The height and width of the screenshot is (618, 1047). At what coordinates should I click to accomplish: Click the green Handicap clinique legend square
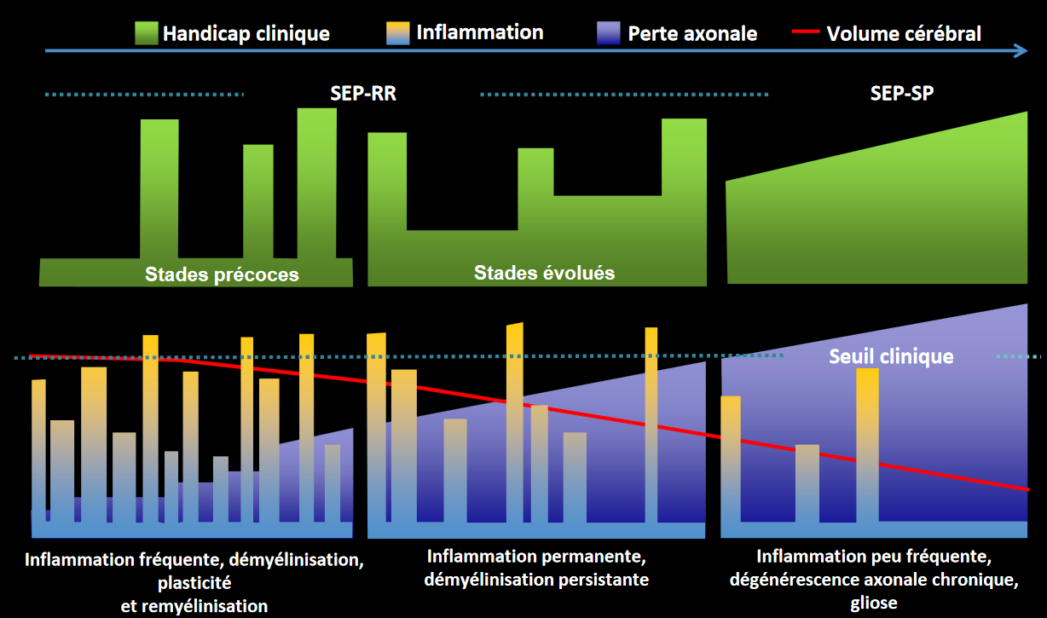[x=146, y=33]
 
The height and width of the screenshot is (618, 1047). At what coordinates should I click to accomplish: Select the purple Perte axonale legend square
[x=610, y=33]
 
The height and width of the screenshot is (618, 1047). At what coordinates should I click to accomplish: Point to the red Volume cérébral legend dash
[x=806, y=33]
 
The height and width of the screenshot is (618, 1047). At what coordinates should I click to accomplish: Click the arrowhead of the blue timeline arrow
[x=1020, y=51]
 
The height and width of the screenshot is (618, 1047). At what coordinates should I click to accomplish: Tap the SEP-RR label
[x=363, y=94]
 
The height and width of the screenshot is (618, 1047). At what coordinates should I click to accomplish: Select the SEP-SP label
[x=901, y=94]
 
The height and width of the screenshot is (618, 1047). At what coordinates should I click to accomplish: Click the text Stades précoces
[x=222, y=274]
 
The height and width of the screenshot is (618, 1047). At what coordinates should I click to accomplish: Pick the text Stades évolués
[x=544, y=273]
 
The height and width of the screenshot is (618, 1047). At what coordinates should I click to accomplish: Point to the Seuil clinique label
[x=891, y=356]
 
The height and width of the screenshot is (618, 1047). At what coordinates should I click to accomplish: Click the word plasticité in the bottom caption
[x=194, y=584]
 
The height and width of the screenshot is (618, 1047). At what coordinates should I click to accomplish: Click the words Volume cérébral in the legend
[x=904, y=34]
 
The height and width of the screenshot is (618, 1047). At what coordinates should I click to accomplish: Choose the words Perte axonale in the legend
[x=692, y=34]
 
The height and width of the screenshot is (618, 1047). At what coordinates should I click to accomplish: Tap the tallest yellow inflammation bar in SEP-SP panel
[x=867, y=443]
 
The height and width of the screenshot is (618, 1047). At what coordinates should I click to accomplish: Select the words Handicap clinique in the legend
[x=246, y=34]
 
